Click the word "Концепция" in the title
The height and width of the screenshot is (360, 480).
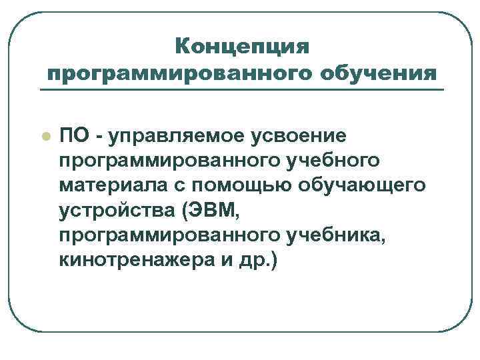click(242, 47)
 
